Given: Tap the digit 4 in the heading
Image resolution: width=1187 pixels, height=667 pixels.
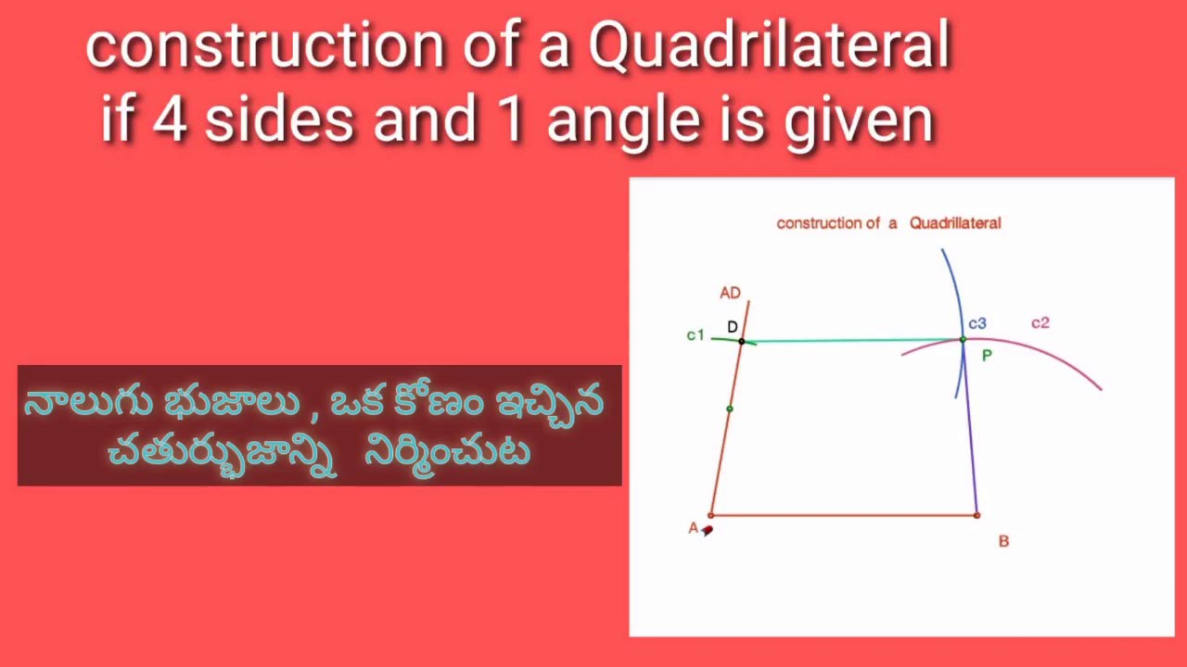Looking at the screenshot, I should tap(170, 121).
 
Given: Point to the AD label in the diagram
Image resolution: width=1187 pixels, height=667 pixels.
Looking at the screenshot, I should tap(730, 293).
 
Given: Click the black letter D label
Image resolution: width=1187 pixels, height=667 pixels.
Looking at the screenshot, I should tap(733, 327).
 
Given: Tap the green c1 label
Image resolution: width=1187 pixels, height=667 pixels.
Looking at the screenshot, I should tap(696, 335).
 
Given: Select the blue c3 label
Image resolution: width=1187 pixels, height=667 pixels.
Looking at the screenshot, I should tap(977, 323).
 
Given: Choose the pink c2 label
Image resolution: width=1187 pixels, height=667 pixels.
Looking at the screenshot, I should tap(1040, 322).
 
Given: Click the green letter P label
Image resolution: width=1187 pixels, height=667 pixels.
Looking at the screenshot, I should tap(987, 356).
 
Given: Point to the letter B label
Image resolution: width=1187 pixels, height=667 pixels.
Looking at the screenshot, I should tap(1003, 541).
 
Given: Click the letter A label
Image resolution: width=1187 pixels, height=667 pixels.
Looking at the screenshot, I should tap(693, 528).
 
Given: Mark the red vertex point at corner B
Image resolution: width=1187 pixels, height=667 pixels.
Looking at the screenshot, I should tap(976, 515).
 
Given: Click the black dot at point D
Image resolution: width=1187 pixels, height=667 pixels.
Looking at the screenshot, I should tap(741, 341).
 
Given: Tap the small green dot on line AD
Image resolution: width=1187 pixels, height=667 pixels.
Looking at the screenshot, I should tap(730, 409).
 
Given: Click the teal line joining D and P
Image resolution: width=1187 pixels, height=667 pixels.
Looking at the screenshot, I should tap(853, 341).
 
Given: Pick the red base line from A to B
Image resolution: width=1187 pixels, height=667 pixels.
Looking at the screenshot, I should tap(844, 515).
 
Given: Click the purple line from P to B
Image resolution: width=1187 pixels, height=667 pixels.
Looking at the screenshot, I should tap(970, 435).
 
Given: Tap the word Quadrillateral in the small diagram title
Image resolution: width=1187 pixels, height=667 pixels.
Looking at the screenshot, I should tap(954, 222).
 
